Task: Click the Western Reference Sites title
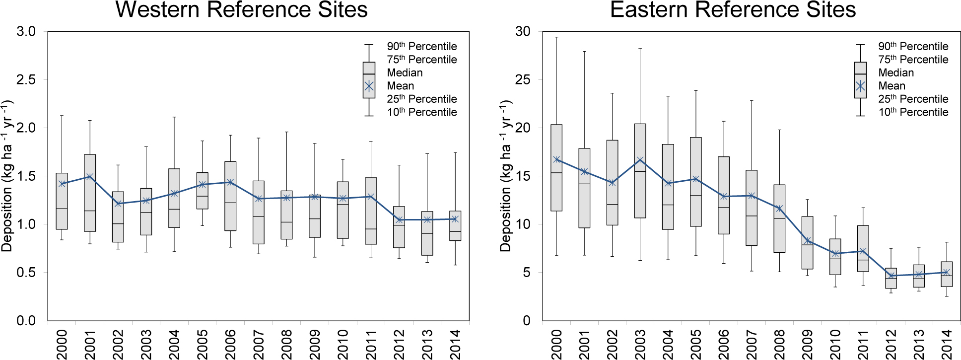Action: (x=241, y=10)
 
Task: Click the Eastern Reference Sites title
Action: (x=733, y=10)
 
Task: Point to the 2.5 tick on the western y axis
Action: (x=26, y=79)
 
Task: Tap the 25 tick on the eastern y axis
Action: (x=523, y=79)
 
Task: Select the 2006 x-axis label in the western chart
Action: (x=230, y=343)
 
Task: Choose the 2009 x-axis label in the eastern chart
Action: (x=808, y=343)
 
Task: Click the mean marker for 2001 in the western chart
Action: (x=90, y=176)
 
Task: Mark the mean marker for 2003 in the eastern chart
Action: (x=640, y=160)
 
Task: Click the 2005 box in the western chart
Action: (x=202, y=191)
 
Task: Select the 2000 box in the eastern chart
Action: (x=556, y=168)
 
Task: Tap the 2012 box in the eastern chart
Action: (x=891, y=278)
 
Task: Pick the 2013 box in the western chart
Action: (x=427, y=233)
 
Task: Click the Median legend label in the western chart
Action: (x=405, y=72)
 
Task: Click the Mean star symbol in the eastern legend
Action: (x=860, y=86)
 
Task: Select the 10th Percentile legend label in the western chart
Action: (x=422, y=112)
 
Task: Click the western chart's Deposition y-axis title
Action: (x=7, y=176)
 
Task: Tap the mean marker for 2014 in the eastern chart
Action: (x=947, y=272)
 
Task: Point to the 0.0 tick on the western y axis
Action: (x=26, y=321)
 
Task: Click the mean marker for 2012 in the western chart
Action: (x=399, y=219)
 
